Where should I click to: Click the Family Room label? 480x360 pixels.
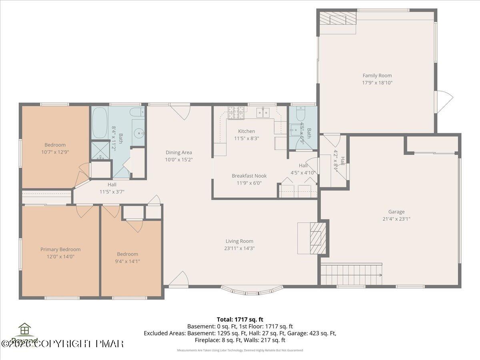tap(377, 75)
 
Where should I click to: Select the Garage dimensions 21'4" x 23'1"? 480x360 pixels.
tap(396, 219)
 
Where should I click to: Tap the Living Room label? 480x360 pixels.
tap(239, 241)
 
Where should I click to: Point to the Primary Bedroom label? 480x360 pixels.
tap(60, 249)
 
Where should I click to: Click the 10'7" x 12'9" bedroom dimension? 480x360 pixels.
tap(55, 152)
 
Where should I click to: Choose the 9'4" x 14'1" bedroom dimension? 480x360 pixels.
tap(127, 261)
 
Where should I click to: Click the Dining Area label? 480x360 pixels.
tap(179, 152)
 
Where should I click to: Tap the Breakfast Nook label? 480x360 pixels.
tap(249, 176)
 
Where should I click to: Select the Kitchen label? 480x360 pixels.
tap(246, 131)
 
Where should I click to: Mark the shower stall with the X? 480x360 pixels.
tap(100, 150)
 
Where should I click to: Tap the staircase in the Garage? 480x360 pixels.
tap(351, 274)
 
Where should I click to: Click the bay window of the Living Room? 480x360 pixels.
tap(251, 290)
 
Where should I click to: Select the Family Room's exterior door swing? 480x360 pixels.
tap(444, 100)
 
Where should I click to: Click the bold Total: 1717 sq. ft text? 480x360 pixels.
tap(240, 319)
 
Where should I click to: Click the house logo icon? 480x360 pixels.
tap(25, 330)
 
